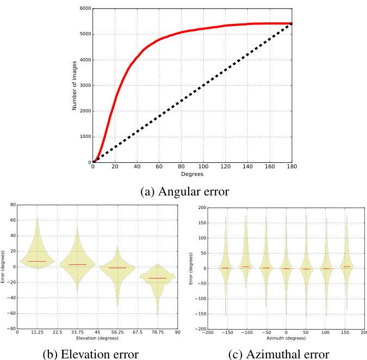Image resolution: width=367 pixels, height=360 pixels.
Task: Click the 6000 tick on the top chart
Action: pos(84,9)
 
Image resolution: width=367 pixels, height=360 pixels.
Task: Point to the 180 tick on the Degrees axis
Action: pos(292,167)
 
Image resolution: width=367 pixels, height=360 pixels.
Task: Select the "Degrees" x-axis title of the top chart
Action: pos(192,175)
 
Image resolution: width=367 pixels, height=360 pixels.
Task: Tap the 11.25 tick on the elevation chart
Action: pos(37,332)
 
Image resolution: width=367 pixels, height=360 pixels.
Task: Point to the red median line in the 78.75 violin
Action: pos(158,278)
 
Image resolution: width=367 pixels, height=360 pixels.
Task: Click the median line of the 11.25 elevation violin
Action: pos(37,261)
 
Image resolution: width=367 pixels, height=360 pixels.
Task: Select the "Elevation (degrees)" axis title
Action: pos(97,339)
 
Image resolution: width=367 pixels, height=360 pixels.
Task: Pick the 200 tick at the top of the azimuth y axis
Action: pos(200,207)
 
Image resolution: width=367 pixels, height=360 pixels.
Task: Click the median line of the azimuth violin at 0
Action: pos(286,268)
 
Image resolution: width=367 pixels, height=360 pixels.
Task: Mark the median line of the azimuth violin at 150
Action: pos(346,266)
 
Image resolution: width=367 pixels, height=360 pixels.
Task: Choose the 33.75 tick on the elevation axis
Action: pos(77,332)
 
